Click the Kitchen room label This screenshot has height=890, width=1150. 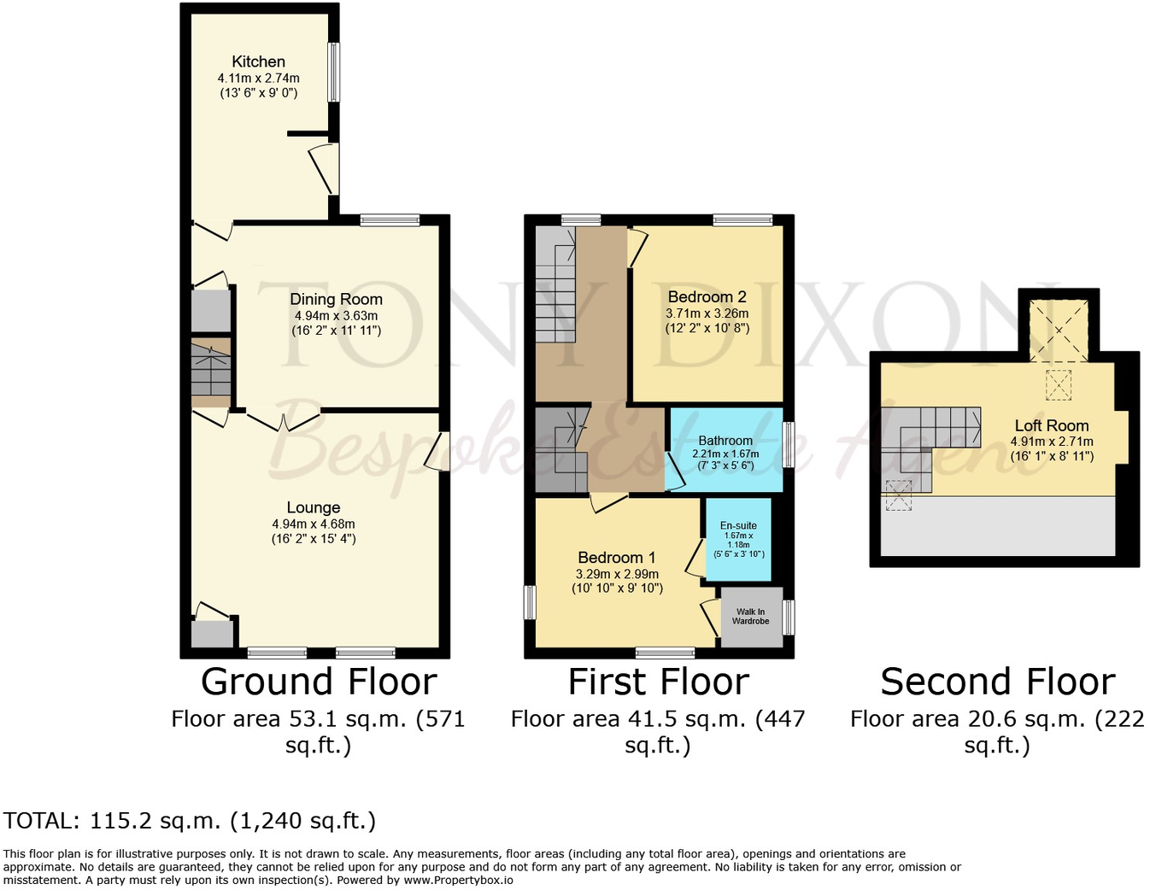[258, 61]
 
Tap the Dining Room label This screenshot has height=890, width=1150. [336, 299]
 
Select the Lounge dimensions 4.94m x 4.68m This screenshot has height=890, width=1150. [314, 524]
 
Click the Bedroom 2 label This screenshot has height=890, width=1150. [707, 296]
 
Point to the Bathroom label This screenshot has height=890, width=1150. [725, 441]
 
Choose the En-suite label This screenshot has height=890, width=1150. [738, 525]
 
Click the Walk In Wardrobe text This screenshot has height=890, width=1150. [751, 616]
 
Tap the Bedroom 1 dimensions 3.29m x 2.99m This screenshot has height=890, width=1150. [617, 574]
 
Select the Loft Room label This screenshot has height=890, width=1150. [1052, 425]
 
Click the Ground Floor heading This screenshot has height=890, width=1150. [319, 682]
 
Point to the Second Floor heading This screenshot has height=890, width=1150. [997, 682]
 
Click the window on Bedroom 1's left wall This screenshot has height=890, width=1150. [530, 601]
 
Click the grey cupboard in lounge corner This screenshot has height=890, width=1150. [211, 634]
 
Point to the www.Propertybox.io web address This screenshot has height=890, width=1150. [458, 880]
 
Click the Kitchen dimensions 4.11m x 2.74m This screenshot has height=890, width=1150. [258, 78]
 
